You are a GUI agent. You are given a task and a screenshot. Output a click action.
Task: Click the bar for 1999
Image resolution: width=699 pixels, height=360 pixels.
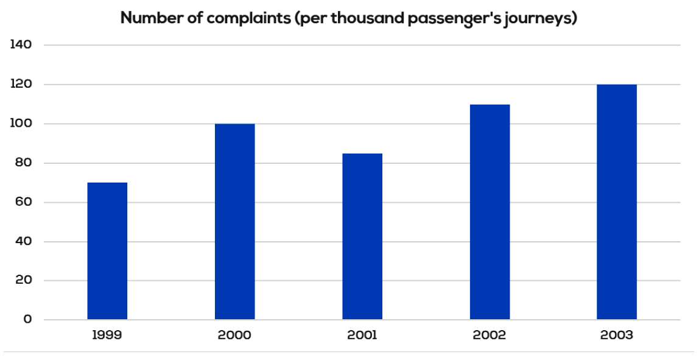(107, 251)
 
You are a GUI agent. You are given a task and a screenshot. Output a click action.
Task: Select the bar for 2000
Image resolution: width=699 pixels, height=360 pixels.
(234, 222)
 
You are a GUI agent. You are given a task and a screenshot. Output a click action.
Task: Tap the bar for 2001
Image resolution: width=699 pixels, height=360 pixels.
(362, 236)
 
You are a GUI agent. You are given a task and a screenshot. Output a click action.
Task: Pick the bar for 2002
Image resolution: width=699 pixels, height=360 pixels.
(490, 212)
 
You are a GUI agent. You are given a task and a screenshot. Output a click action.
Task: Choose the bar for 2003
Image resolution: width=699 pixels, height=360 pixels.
(617, 202)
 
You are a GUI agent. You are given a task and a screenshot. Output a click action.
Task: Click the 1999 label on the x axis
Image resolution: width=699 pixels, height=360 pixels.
(107, 335)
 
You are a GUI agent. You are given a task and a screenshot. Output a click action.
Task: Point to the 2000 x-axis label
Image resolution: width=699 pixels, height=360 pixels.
(234, 335)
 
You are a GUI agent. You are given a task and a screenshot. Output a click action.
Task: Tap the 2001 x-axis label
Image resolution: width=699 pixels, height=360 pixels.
(362, 335)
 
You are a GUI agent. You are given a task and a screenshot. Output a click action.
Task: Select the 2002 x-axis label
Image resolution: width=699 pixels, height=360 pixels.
(490, 335)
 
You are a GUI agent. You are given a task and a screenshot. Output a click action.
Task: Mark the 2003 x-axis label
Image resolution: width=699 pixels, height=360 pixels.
(617, 335)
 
